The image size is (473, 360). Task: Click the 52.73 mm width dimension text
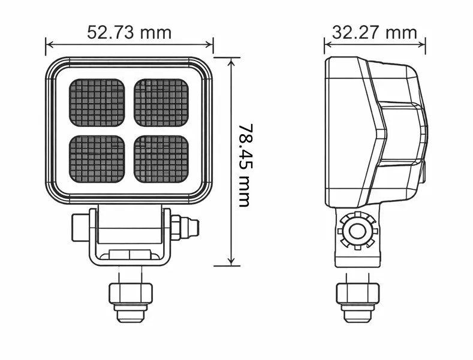point(129,32)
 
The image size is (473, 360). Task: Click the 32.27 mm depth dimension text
point(374,32)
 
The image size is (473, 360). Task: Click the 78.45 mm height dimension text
point(244,165)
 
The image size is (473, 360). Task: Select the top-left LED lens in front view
point(97,102)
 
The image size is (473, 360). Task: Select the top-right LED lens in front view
point(161,102)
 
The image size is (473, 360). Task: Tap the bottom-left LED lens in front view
point(97,159)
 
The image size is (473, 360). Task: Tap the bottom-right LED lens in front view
point(161,159)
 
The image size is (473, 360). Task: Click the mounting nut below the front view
point(129,294)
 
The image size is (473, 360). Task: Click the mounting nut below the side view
point(358,294)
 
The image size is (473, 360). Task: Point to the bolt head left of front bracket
point(80,228)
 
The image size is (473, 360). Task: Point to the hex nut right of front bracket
point(177,228)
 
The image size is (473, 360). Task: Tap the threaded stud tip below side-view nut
point(358,316)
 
